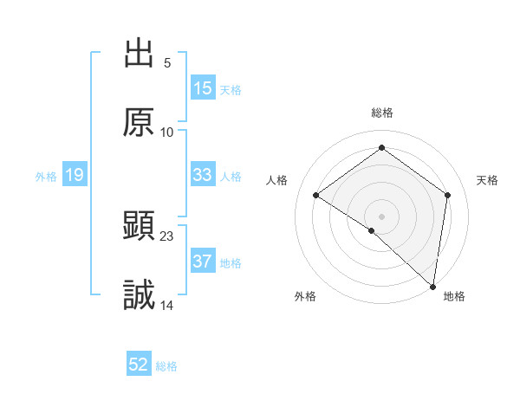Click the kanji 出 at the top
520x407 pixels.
pyautogui.click(x=139, y=55)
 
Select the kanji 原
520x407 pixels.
pyautogui.click(x=139, y=122)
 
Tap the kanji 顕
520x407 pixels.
pyautogui.click(x=139, y=228)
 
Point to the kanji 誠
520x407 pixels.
pyautogui.click(x=139, y=295)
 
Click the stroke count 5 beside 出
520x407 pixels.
pyautogui.click(x=167, y=63)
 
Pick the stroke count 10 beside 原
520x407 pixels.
pyautogui.click(x=167, y=132)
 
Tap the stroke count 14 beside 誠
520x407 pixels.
pyautogui.click(x=167, y=305)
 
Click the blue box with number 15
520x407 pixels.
pyautogui.click(x=202, y=88)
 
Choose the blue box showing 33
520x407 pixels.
pyautogui.click(x=202, y=175)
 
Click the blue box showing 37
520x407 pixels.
pyautogui.click(x=202, y=262)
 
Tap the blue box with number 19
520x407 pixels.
pyautogui.click(x=75, y=175)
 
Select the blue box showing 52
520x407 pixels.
pyautogui.click(x=139, y=365)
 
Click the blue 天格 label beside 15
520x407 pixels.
pyautogui.click(x=231, y=89)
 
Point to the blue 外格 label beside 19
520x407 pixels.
pyautogui.click(x=46, y=176)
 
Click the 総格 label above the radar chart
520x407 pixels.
pyautogui.click(x=381, y=113)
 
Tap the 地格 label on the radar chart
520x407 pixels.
pyautogui.click(x=454, y=296)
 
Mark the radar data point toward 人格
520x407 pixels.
pyautogui.click(x=316, y=196)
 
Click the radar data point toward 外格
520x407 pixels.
pyautogui.click(x=372, y=230)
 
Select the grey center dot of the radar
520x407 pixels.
pyautogui.click(x=381, y=216)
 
